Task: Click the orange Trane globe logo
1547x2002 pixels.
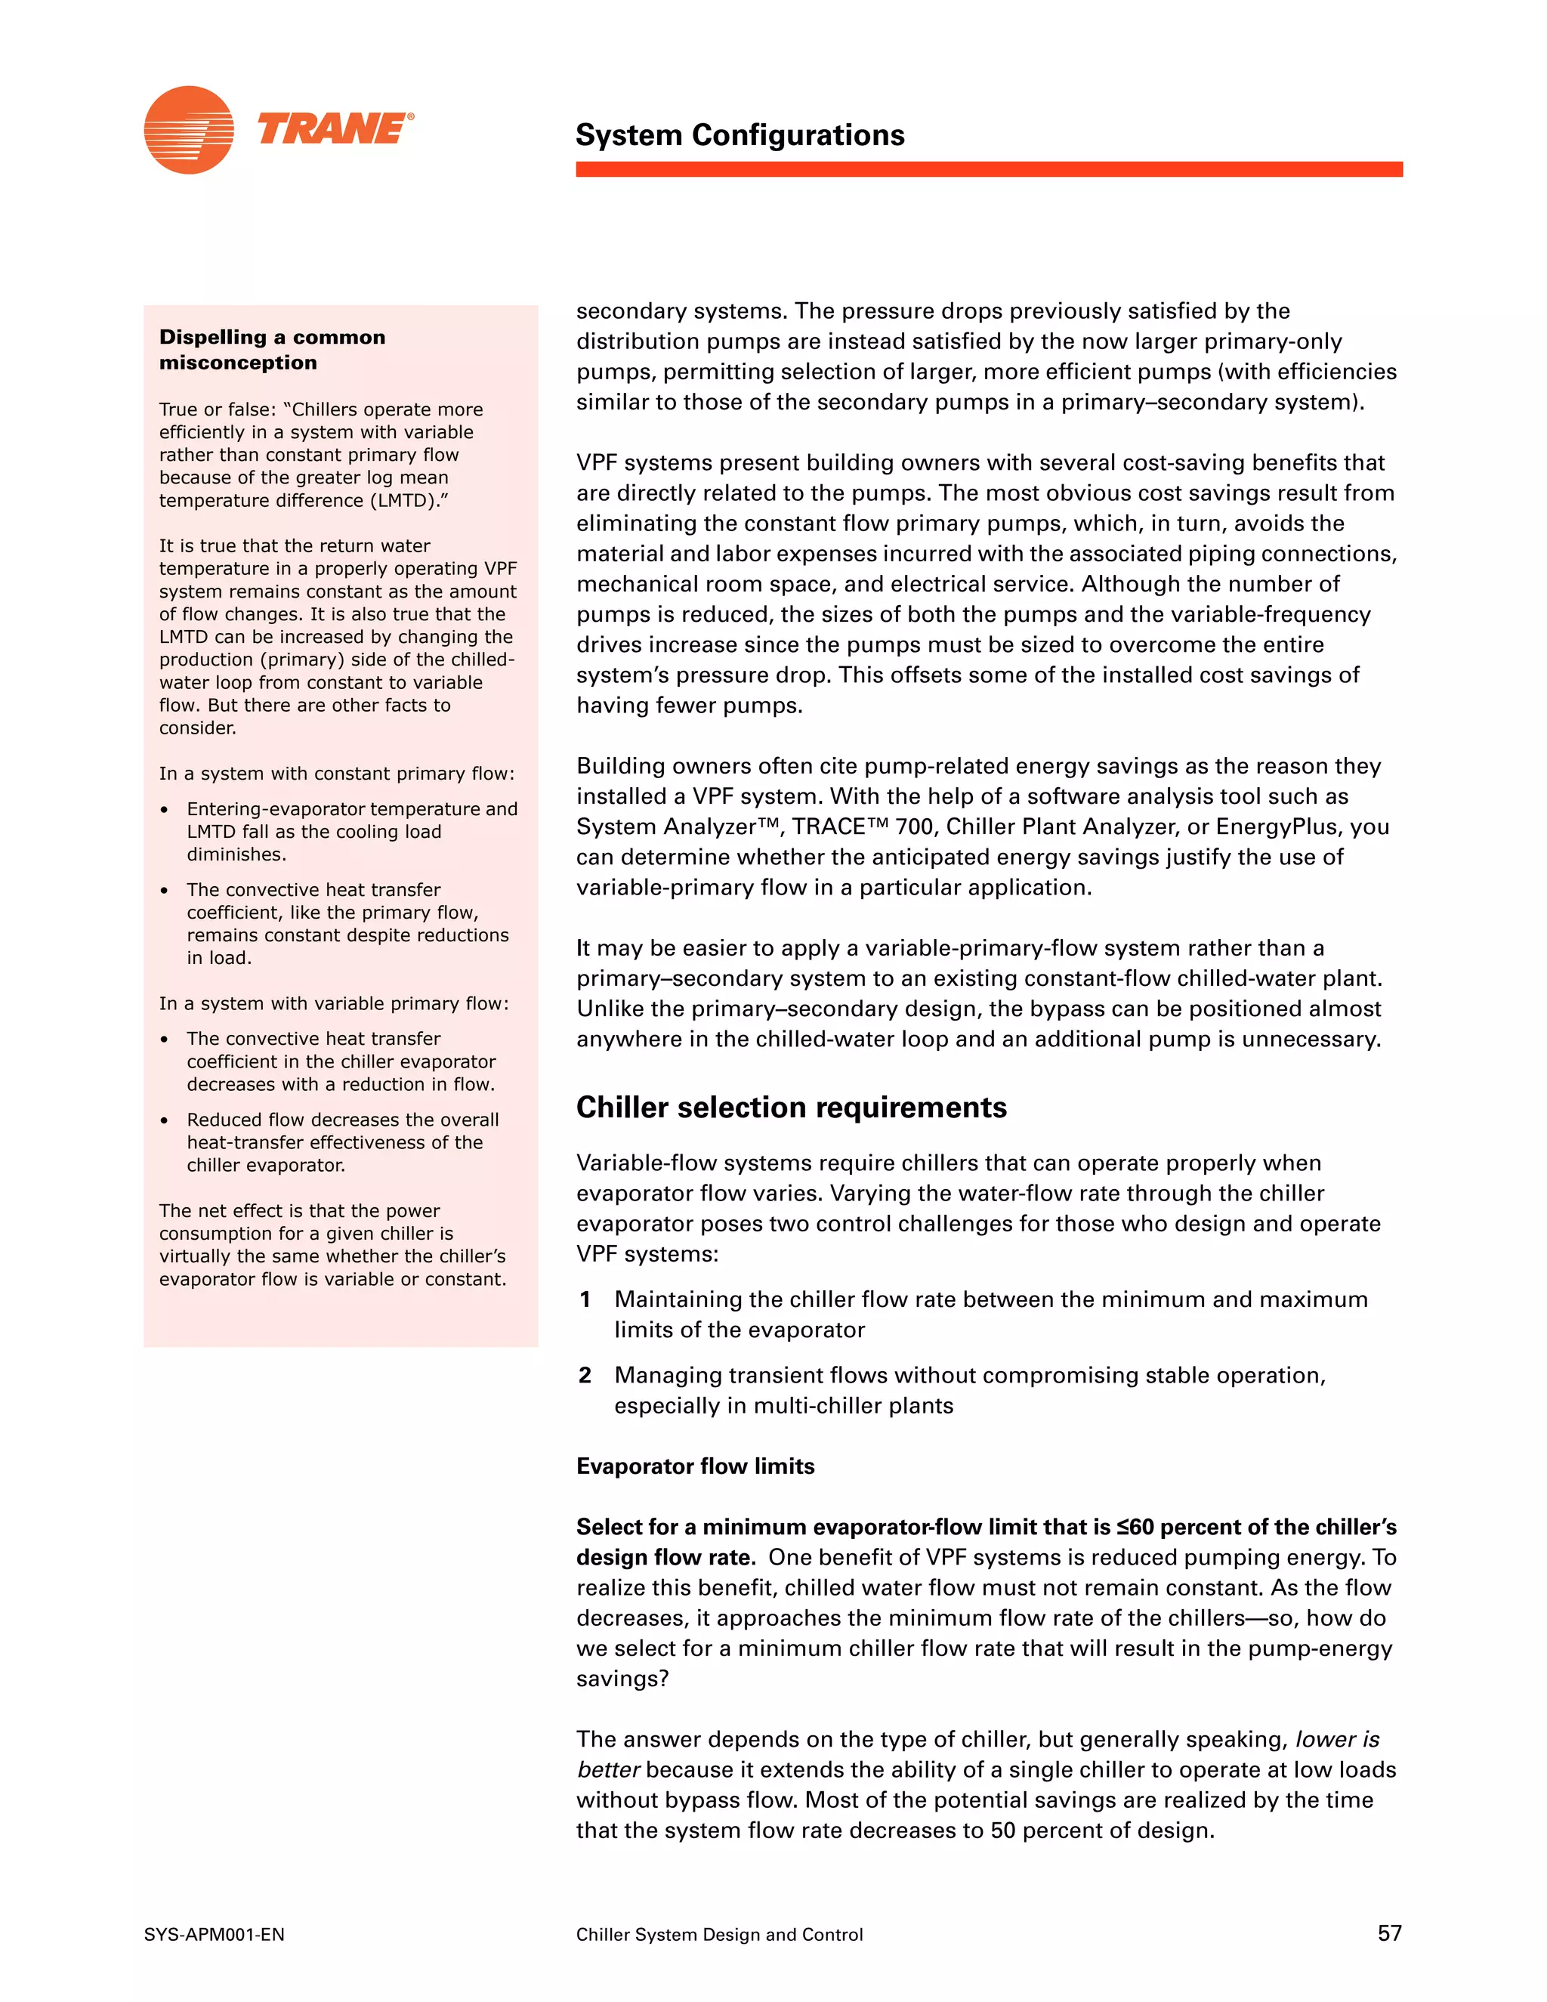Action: pyautogui.click(x=189, y=130)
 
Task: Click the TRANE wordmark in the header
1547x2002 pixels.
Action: pyautogui.click(x=334, y=128)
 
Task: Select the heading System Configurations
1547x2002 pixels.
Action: pyautogui.click(x=740, y=134)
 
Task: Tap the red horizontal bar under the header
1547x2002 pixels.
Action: pyautogui.click(x=988, y=169)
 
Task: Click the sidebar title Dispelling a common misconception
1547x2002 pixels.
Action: pyautogui.click(x=272, y=349)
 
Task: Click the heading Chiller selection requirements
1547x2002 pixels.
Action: pyautogui.click(x=791, y=1108)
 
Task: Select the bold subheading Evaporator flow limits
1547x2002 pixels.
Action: pyautogui.click(x=695, y=1466)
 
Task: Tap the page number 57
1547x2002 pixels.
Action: pyautogui.click(x=1388, y=1933)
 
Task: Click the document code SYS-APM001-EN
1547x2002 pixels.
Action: pyautogui.click(x=215, y=1935)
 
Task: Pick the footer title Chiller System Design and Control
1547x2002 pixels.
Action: pyautogui.click(x=719, y=1935)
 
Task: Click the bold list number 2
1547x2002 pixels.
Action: pyautogui.click(x=585, y=1376)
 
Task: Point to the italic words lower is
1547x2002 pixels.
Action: pyautogui.click(x=1336, y=1740)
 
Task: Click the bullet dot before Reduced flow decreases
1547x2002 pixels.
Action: pyautogui.click(x=164, y=1121)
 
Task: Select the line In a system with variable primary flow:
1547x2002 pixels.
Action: pyautogui.click(x=334, y=1004)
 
